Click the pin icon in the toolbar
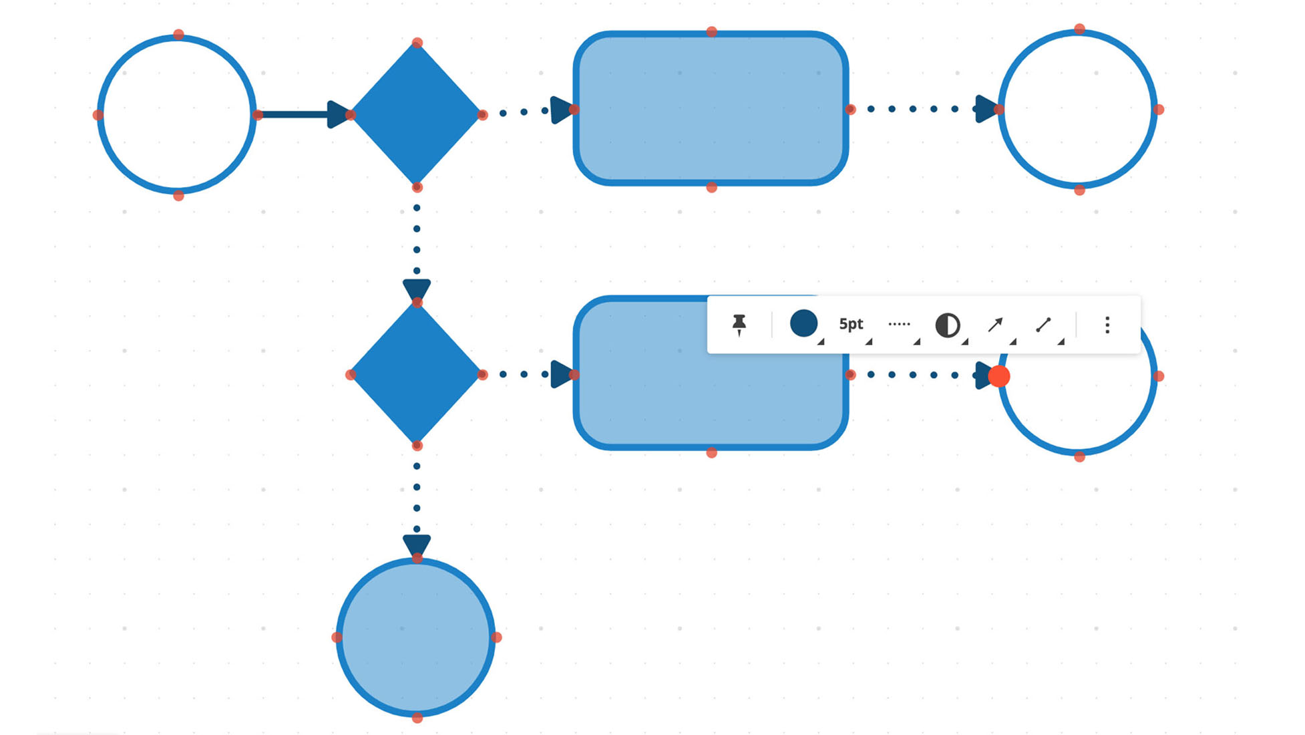pos(739,325)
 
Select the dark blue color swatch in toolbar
pos(803,323)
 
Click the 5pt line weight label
pos(851,324)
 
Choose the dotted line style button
pos(899,324)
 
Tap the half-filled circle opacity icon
pos(947,325)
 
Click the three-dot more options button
pos(1107,325)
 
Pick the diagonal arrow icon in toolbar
pos(995,325)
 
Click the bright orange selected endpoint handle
pos(998,376)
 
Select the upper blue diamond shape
pos(416,114)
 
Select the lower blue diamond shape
pos(416,374)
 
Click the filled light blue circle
pos(416,637)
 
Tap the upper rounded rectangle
pos(711,109)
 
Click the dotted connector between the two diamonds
pos(417,239)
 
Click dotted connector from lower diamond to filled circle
pos(417,497)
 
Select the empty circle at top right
pos(1078,109)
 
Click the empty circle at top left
pos(177,115)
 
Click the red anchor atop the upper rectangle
pos(711,31)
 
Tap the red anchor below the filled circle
pos(417,718)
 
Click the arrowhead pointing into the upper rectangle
pos(561,110)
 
